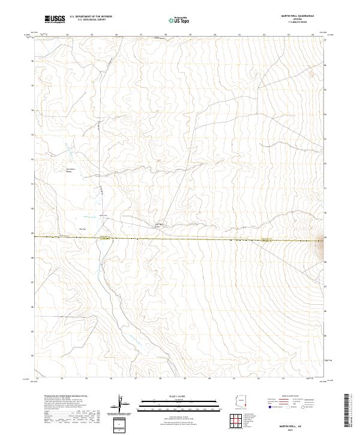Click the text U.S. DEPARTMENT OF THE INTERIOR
click(91, 17)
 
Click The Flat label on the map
click(83, 229)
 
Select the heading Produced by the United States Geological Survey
click(60, 397)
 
